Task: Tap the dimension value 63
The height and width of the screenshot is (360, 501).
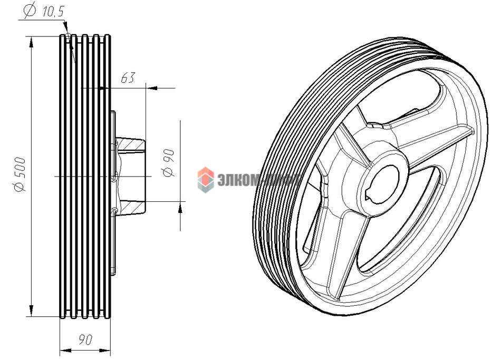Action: coord(128,78)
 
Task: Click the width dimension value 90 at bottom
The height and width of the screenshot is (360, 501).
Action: coord(85,340)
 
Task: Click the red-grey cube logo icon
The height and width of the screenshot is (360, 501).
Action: coord(205,179)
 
